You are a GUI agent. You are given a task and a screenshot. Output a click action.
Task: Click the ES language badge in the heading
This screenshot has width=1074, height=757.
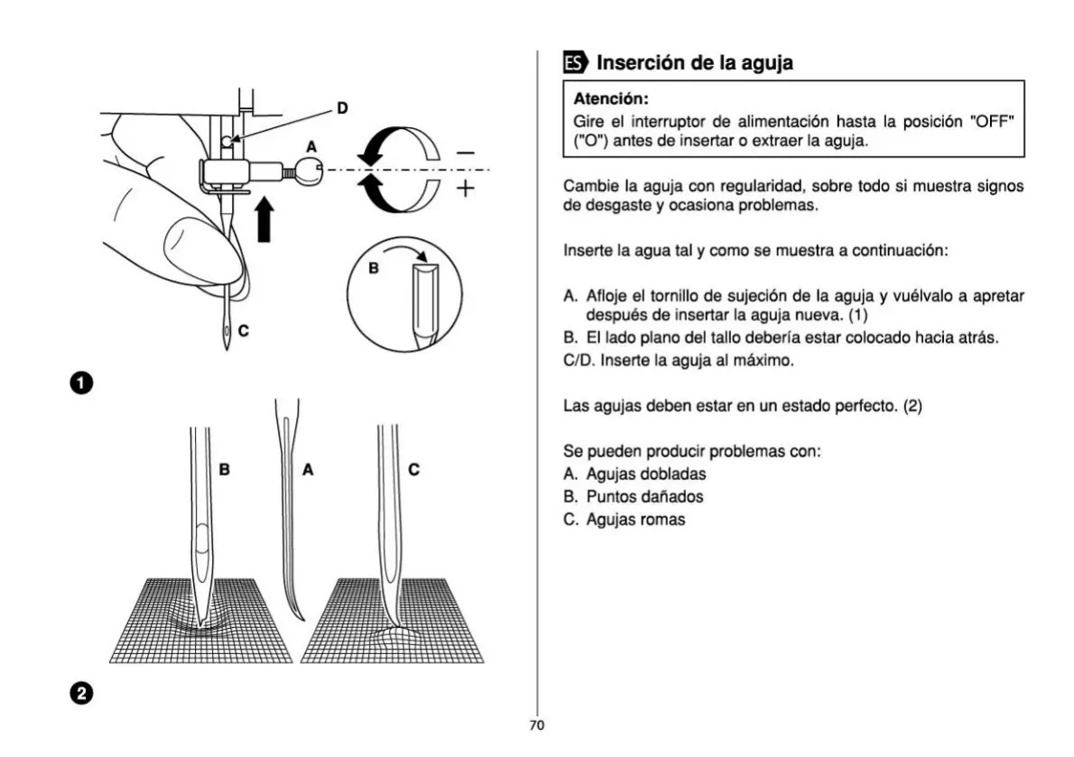click(574, 63)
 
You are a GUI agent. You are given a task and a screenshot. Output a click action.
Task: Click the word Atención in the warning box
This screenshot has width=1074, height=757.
click(611, 98)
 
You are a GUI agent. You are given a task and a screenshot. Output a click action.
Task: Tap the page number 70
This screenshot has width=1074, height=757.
click(537, 725)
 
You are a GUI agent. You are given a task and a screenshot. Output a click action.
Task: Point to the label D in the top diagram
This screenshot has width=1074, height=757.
click(342, 108)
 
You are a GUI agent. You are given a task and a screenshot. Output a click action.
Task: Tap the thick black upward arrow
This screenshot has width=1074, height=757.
click(264, 219)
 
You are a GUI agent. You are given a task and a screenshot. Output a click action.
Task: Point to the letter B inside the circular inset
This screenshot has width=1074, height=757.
click(374, 269)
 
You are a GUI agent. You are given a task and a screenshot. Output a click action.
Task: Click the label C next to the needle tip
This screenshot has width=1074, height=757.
click(244, 331)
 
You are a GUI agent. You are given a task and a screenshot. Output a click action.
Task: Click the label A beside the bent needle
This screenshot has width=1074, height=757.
click(307, 469)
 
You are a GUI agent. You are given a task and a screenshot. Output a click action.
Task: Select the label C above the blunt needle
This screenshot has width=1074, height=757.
click(413, 469)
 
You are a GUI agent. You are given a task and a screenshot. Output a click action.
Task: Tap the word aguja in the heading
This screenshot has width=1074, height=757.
click(760, 63)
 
